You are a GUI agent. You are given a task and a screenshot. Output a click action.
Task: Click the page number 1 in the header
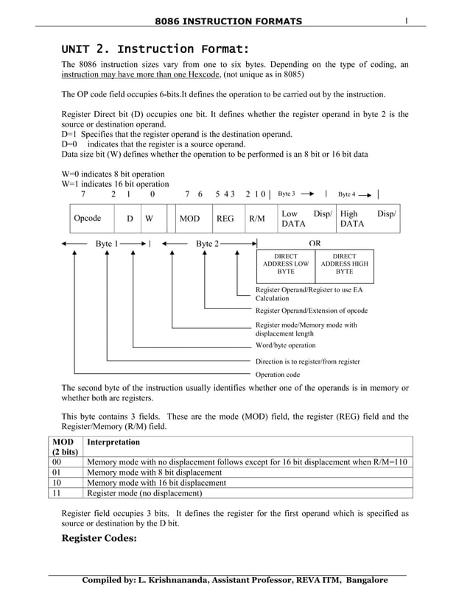406,20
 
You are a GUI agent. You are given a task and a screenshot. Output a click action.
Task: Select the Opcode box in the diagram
88,219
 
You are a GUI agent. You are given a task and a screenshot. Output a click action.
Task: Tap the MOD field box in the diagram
190,219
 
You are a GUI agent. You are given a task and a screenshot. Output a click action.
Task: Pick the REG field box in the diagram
225,219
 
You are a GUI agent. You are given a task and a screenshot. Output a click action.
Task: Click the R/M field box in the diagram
257,219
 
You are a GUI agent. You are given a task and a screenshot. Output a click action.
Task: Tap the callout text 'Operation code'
277,375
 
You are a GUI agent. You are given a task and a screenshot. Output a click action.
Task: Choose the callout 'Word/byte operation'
285,344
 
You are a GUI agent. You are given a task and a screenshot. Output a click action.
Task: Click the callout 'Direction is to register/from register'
307,361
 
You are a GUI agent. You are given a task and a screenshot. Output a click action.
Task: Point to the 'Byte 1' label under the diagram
107,243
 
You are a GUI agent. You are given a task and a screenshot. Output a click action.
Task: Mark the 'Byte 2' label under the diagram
207,243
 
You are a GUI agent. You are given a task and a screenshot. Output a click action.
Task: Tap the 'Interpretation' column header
113,442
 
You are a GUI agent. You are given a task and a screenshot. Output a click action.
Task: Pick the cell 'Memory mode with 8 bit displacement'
154,472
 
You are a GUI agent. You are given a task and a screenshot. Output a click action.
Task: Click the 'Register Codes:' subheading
99,538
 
